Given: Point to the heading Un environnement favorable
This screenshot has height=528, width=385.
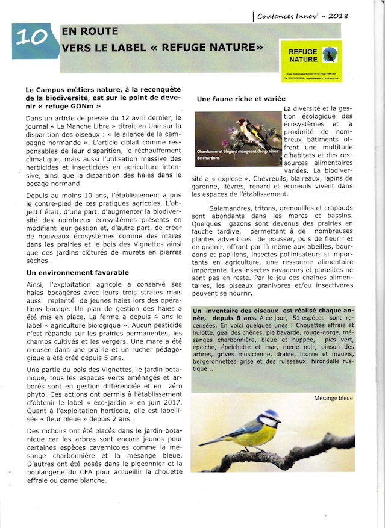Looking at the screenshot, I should [78, 272].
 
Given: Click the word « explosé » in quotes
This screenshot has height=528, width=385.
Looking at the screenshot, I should [233, 179].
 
